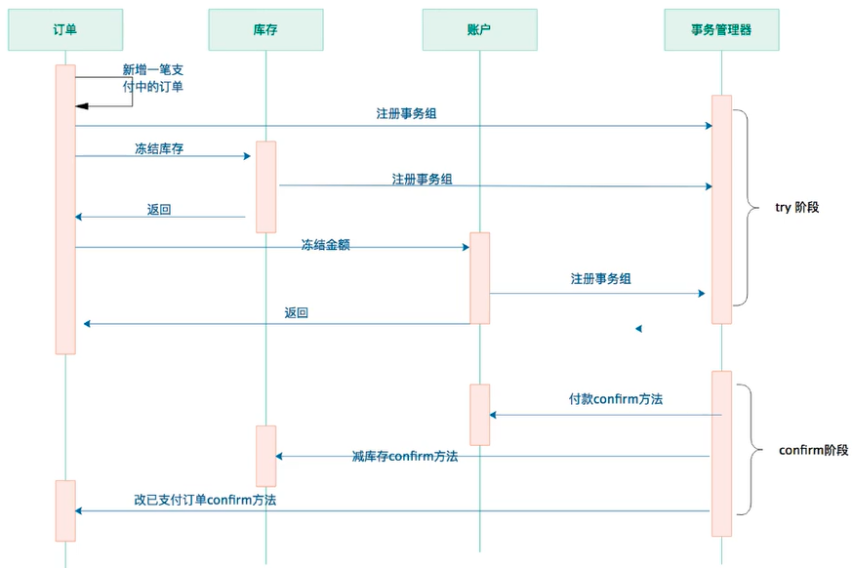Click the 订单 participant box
tap(65, 30)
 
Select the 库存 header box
tap(265, 30)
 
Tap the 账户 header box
tap(479, 30)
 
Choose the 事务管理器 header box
tap(721, 30)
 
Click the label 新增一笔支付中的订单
tap(152, 78)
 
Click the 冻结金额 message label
tap(325, 246)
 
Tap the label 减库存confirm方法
tap(405, 457)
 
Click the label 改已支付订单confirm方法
tap(205, 500)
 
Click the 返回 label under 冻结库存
tap(159, 210)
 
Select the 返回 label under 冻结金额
tap(297, 313)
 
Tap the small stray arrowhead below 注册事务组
tap(638, 329)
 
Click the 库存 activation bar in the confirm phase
tap(265, 456)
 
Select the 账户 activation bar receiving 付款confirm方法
tap(479, 415)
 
